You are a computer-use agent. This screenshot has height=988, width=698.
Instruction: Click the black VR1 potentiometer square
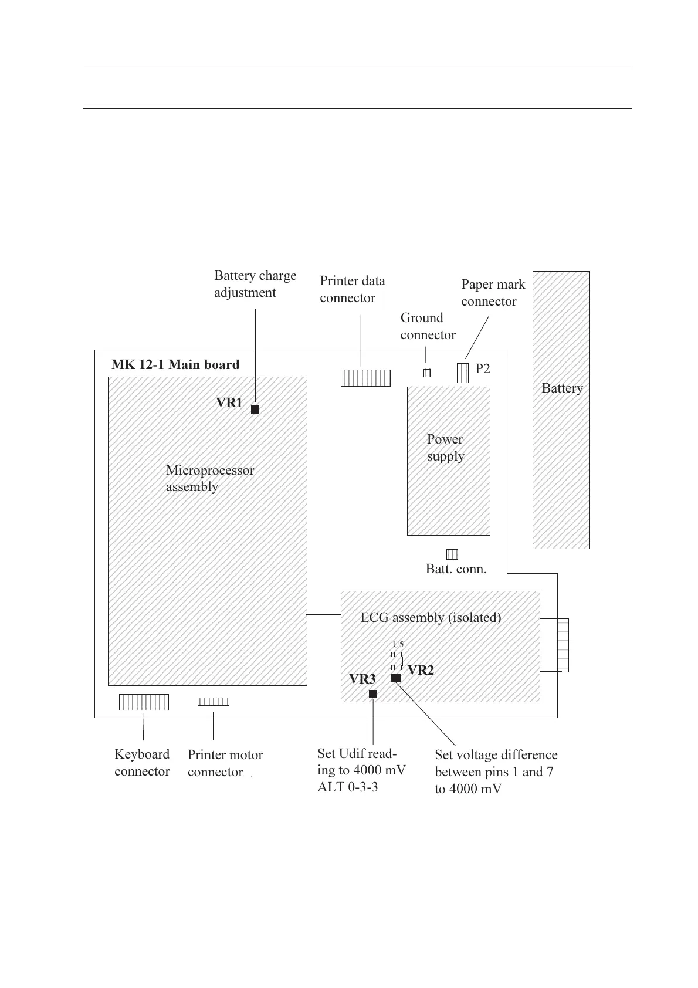click(x=255, y=410)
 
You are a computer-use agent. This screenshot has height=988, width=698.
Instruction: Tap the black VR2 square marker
click(x=396, y=678)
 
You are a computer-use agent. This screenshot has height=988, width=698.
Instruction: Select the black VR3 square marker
click(x=373, y=694)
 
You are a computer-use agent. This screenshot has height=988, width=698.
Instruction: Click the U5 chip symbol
click(x=397, y=661)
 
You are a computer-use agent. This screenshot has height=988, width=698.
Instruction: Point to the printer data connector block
click(x=365, y=378)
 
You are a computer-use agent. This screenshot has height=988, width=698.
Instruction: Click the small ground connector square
click(x=427, y=373)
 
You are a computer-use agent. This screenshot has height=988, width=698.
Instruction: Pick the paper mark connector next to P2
click(x=463, y=372)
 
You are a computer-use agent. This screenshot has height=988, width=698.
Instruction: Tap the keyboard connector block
click(x=144, y=702)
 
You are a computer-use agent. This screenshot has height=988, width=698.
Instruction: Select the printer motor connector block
click(x=213, y=701)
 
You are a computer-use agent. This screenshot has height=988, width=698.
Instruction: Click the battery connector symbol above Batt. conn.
click(x=452, y=554)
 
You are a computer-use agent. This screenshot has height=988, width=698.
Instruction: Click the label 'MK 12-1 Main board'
click(x=175, y=365)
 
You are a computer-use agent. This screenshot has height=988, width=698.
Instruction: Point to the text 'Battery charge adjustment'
click(x=255, y=284)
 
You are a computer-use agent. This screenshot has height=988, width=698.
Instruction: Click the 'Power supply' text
click(x=446, y=448)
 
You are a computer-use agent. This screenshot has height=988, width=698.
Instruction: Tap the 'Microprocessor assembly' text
click(x=210, y=478)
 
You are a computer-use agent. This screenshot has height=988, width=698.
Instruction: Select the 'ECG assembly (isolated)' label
click(x=431, y=617)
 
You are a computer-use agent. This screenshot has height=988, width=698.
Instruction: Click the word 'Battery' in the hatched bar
click(x=562, y=388)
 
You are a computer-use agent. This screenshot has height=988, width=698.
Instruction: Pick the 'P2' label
click(x=482, y=368)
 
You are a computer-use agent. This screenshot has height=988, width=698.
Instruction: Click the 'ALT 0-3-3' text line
click(x=348, y=787)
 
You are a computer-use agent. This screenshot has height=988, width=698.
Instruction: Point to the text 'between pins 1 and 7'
click(x=494, y=772)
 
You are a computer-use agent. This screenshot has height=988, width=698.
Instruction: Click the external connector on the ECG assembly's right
click(x=563, y=645)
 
